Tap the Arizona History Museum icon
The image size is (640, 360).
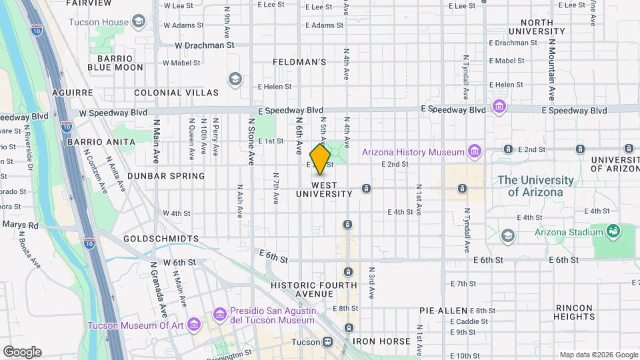[474, 152]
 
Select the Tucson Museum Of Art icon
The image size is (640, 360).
[194, 325]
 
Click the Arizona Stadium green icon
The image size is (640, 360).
[612, 232]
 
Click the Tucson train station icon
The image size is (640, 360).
[327, 342]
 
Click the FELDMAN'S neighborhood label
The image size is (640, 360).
[299, 62]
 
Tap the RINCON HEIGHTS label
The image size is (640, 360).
[574, 312]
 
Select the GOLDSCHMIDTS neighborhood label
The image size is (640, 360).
[161, 238]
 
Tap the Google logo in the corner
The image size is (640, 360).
[22, 352]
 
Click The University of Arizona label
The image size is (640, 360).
[535, 186]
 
